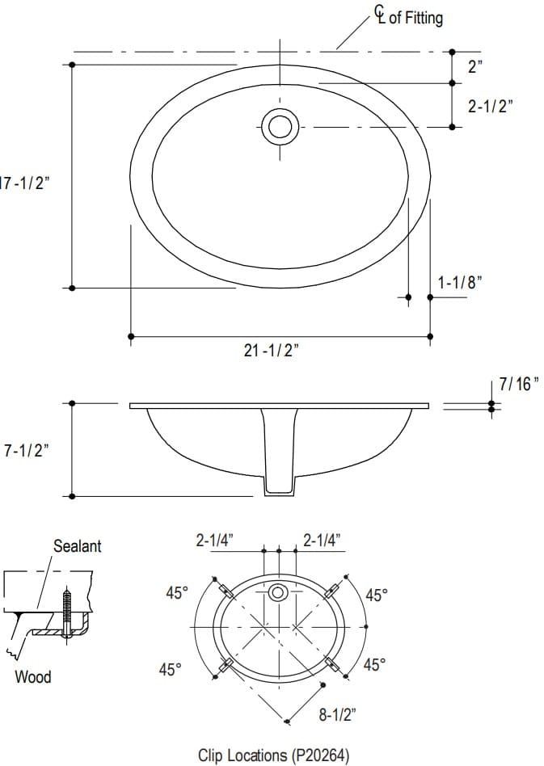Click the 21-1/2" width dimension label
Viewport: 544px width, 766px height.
272,351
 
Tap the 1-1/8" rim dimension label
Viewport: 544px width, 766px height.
459,283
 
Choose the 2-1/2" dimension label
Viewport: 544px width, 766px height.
490,106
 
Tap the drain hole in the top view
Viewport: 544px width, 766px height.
280,127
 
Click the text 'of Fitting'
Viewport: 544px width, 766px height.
415,18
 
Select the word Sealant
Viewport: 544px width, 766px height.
77,546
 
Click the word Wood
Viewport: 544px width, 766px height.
33,677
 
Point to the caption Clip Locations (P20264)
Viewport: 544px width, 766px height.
273,755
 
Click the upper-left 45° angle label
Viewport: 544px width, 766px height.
176,593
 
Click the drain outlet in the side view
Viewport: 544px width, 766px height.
280,485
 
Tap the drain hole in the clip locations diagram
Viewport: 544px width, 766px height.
278,592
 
